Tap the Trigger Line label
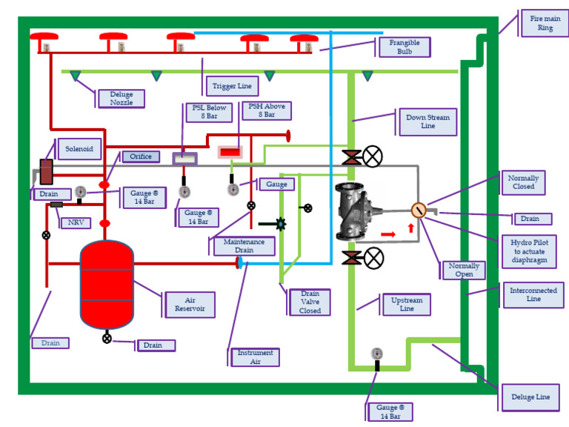[x=233, y=86]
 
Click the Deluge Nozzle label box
[x=121, y=99]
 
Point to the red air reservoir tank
[x=107, y=285]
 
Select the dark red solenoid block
[x=47, y=172]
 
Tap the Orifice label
[x=141, y=156]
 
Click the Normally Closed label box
[x=523, y=182]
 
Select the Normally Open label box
[x=464, y=270]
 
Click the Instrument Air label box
[x=255, y=357]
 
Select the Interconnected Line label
[x=533, y=295]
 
